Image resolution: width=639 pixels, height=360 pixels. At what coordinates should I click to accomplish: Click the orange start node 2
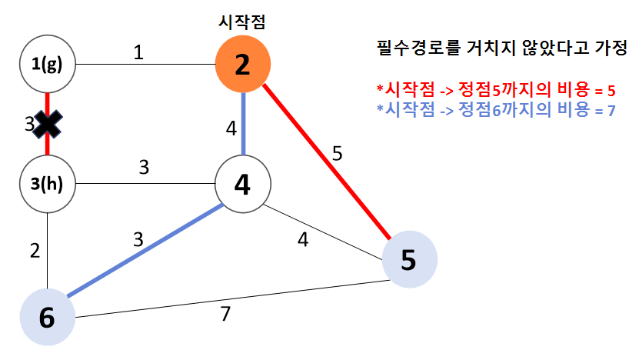coord(243,64)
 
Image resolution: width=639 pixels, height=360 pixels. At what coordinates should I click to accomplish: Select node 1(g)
coord(48,64)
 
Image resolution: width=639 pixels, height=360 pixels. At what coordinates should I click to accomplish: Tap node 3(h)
coord(48,184)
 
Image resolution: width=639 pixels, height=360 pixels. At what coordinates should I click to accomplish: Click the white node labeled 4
coord(243,184)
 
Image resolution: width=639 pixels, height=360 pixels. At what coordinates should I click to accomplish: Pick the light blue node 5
coord(410,259)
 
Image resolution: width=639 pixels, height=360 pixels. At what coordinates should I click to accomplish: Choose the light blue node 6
coord(48,317)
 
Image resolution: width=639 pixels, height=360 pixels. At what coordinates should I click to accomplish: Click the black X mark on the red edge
coord(47,124)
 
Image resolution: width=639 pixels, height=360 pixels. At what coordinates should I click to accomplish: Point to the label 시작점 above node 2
coord(242,22)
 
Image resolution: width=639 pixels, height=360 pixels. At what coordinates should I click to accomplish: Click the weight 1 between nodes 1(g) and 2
coord(138,52)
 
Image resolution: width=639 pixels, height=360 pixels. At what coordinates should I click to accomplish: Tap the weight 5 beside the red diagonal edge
coord(337,154)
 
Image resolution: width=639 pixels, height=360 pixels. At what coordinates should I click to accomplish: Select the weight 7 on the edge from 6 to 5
coord(225,314)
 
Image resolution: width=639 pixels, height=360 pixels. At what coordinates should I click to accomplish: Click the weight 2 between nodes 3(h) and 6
coord(35,251)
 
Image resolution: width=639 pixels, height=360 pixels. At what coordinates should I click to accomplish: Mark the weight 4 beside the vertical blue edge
coord(231,128)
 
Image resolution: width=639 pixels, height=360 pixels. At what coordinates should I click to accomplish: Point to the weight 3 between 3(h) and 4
coord(144,167)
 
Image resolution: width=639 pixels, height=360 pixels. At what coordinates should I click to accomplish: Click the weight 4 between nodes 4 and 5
coord(303,240)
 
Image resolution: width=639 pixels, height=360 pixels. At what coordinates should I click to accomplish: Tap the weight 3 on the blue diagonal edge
coord(138,240)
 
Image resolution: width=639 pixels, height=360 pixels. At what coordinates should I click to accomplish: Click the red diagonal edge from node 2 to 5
coord(327,162)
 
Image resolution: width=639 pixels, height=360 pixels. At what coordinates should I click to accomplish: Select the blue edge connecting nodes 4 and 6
coord(145,250)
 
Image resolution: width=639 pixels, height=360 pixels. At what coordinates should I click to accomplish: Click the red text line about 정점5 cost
coord(496,89)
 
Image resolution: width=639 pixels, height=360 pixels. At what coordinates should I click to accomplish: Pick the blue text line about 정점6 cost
coord(496,109)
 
